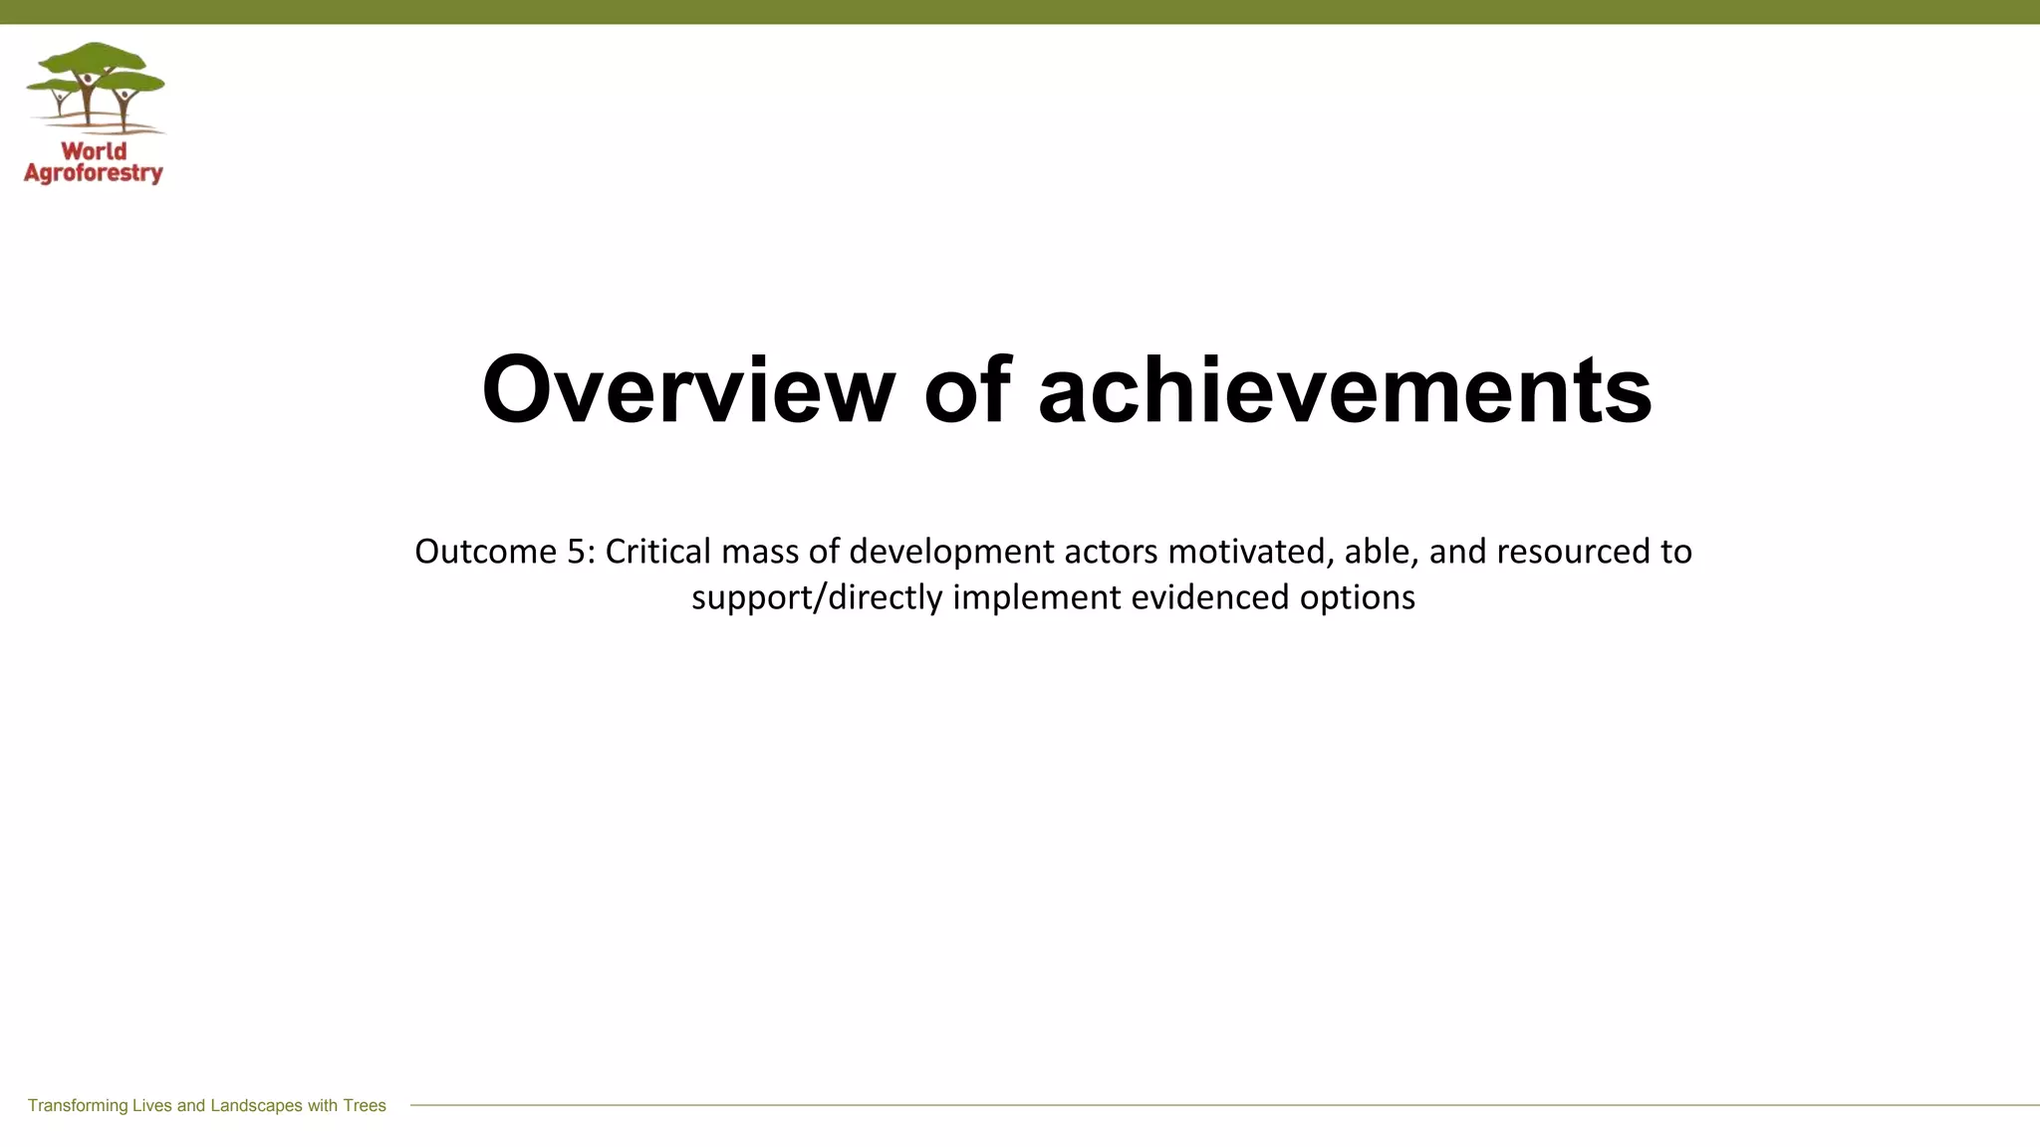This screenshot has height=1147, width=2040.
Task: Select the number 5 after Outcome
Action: coord(577,552)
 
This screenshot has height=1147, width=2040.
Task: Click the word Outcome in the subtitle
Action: coord(485,552)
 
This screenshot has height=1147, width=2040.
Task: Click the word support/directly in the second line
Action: coord(817,597)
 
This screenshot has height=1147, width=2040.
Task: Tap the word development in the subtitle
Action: coord(951,552)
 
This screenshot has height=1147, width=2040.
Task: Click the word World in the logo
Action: coord(94,151)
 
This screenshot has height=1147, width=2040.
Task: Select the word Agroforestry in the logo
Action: coord(94,173)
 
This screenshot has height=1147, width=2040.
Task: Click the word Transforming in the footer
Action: coord(78,1105)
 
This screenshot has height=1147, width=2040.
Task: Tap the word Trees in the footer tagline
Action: coord(365,1105)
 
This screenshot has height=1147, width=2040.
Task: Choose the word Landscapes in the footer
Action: coord(256,1105)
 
